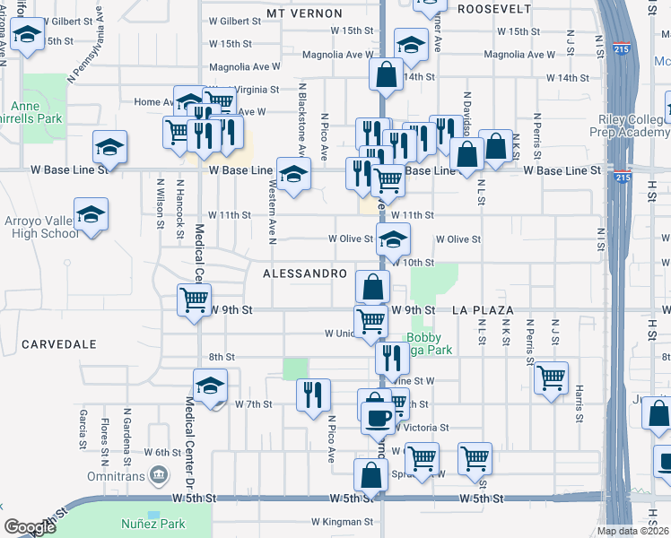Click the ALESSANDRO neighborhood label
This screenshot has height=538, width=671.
[304, 272]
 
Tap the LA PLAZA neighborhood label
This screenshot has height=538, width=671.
[483, 310]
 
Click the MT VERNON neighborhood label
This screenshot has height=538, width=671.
[304, 13]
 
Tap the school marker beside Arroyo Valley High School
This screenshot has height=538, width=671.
[91, 216]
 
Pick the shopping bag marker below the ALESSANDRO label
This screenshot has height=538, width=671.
[372, 286]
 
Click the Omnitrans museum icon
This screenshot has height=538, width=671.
[159, 473]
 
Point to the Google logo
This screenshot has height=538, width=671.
[30, 527]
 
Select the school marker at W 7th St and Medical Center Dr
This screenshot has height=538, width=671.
[210, 385]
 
